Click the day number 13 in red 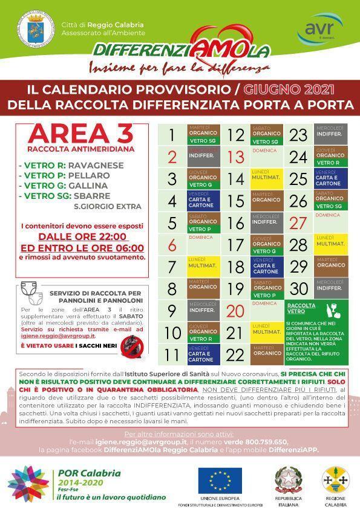click(235, 157)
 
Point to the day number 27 click(299, 222)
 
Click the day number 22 click(235, 354)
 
